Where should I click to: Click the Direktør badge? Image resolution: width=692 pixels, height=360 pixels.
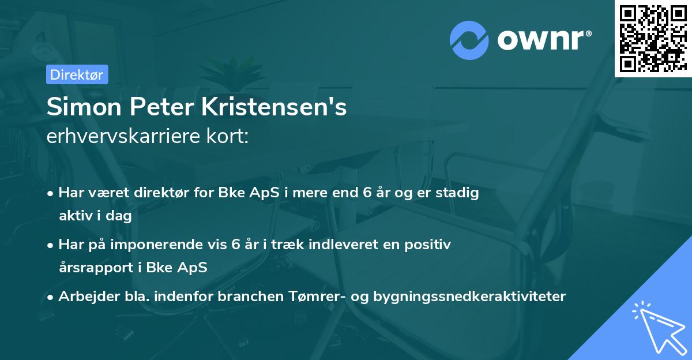coord(77,74)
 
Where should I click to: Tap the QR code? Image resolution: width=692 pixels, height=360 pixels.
coord(652,38)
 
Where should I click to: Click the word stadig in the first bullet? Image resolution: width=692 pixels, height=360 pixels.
coord(460,193)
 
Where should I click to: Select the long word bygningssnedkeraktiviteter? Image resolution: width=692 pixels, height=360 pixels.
coord(470,297)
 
